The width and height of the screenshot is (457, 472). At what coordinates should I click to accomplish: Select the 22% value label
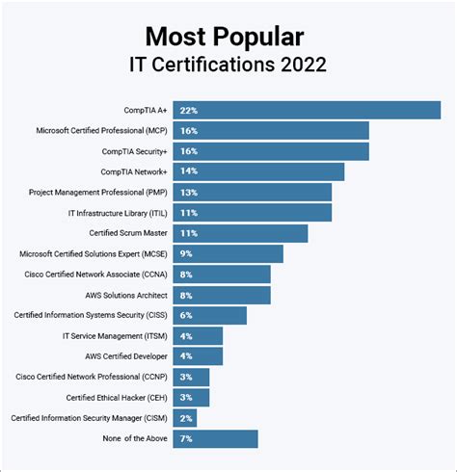188,110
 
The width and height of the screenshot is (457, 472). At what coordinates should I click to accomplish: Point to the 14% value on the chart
188,171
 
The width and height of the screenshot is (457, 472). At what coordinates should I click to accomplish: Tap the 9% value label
186,253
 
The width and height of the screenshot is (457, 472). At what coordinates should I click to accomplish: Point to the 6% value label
186,315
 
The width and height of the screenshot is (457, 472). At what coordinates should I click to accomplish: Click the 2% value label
186,417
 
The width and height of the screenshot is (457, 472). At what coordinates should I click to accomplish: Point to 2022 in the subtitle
299,66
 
